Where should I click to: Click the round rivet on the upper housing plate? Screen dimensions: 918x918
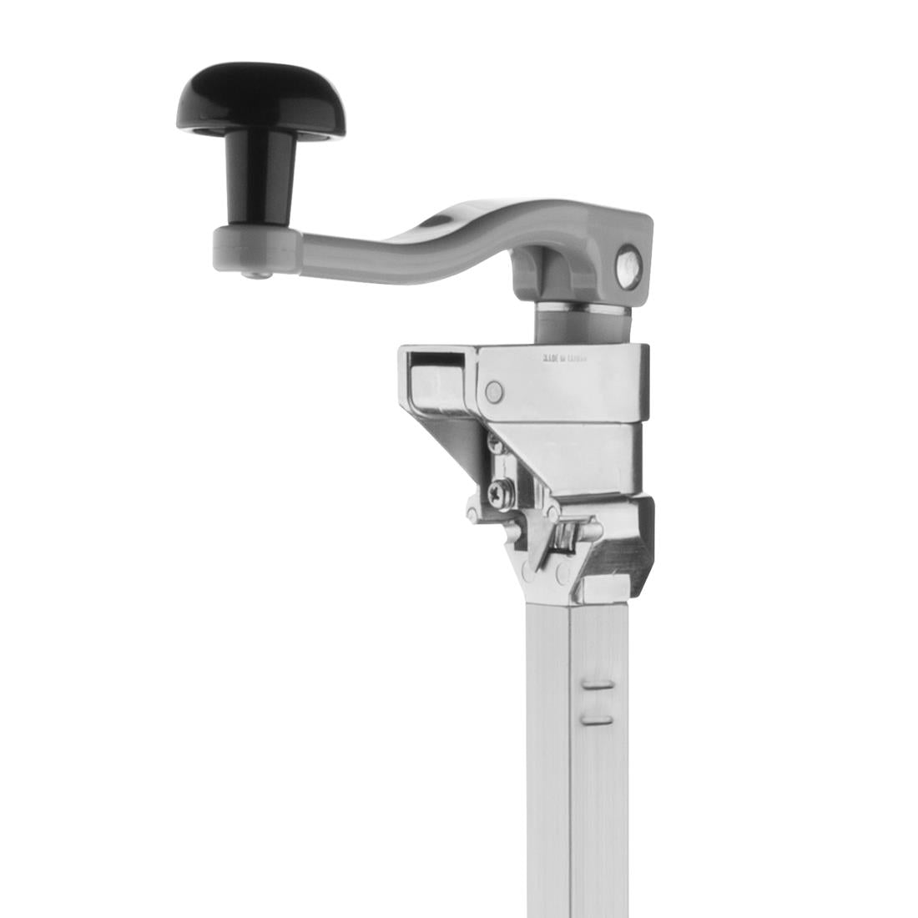click(495, 390)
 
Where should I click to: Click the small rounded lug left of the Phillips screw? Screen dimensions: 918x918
click(473, 510)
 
